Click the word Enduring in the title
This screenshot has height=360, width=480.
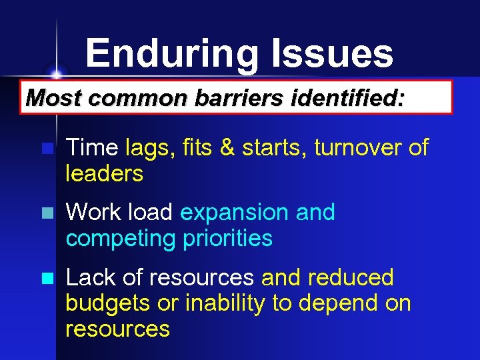[172, 54]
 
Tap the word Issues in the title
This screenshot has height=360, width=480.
[332, 54]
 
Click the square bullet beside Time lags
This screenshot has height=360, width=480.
[45, 149]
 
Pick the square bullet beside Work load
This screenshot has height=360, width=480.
[45, 214]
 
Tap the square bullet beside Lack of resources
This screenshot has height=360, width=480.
[45, 279]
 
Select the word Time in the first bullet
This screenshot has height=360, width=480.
[92, 147]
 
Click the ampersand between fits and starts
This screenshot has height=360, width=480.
[227, 147]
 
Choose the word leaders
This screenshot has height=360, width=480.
[105, 173]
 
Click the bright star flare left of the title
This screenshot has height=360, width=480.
[57, 73]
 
